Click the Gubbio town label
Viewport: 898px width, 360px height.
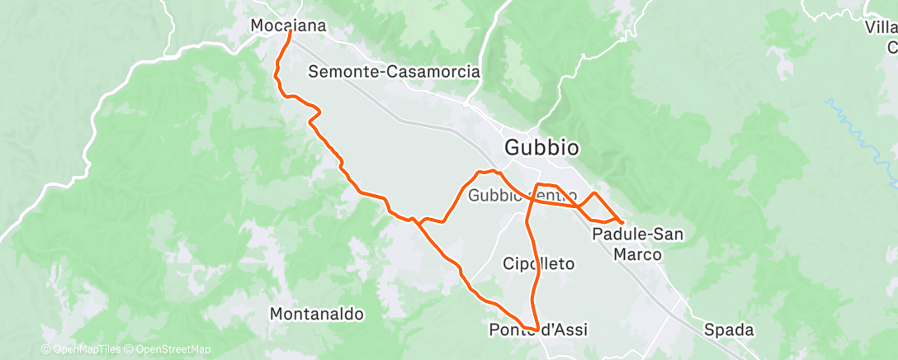[541, 148]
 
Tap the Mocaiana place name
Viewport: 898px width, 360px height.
[288, 26]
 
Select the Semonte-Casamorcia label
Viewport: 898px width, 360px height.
[394, 72]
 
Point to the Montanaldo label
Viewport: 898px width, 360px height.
[317, 314]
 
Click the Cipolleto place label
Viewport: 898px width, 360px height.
[538, 263]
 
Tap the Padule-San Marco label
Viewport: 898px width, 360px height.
[638, 244]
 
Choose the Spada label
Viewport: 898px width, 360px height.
[729, 330]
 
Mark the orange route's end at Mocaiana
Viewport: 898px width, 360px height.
[290, 32]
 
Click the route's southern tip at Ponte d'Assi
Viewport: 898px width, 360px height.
[536, 330]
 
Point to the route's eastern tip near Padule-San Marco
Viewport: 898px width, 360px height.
[622, 222]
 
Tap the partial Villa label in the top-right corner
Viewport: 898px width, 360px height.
[881, 27]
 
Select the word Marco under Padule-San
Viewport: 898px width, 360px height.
[638, 254]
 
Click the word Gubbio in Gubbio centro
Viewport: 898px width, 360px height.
[496, 196]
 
